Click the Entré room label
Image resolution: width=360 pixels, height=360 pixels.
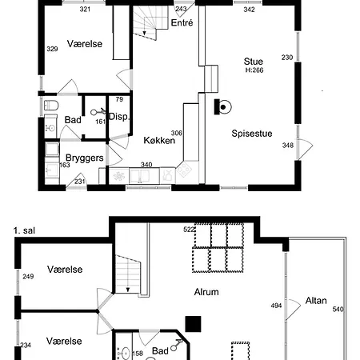(x=182, y=24)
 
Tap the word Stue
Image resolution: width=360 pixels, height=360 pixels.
(x=253, y=60)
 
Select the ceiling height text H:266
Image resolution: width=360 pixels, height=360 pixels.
(x=254, y=70)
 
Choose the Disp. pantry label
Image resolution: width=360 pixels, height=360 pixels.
(x=119, y=117)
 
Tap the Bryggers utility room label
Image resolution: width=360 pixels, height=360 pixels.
(x=84, y=158)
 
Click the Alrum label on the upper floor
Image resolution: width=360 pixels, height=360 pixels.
(x=206, y=292)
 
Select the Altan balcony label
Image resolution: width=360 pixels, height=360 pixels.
(x=316, y=301)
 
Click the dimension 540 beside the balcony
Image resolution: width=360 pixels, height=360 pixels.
(x=337, y=309)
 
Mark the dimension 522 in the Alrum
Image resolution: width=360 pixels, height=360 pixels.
(x=189, y=230)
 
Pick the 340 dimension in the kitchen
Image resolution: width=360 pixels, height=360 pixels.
(x=146, y=165)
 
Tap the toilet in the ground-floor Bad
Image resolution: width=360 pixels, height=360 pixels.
(x=50, y=104)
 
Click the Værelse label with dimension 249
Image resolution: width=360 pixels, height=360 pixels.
(x=65, y=270)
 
